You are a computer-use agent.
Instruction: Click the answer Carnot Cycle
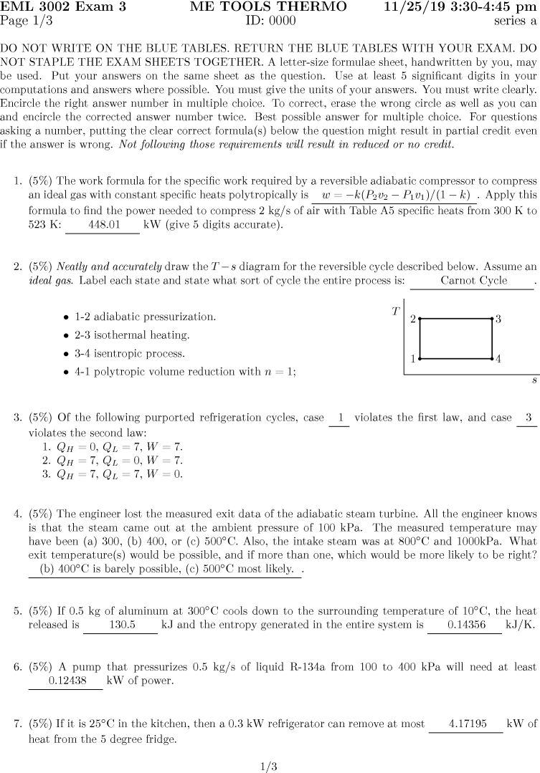(473, 281)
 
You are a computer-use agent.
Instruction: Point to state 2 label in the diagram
(412, 319)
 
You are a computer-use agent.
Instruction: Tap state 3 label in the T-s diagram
(498, 319)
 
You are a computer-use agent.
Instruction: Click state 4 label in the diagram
(498, 358)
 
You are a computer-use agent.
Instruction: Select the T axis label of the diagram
(395, 311)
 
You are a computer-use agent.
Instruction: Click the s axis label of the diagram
(534, 381)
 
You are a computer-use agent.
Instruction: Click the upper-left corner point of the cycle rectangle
(420, 318)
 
